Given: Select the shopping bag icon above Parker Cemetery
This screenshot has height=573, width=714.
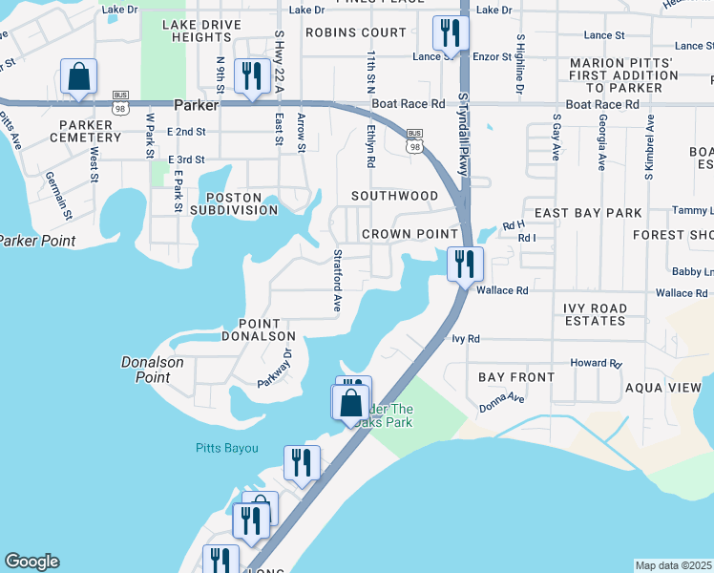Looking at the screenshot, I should coord(78,76).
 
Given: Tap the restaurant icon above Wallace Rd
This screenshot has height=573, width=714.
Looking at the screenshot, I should coord(465,264).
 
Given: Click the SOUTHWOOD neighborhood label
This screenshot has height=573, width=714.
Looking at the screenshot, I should coord(394,196).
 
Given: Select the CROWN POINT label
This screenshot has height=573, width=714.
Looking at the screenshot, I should coord(409,234).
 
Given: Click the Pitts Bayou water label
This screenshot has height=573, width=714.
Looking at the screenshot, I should coord(226,447).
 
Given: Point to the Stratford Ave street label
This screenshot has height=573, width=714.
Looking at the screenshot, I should coord(337,281).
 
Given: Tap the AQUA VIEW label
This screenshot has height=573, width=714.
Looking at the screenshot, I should coord(662,388).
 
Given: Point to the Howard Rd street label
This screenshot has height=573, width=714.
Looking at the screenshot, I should coord(596,364).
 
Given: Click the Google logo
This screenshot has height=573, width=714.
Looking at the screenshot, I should coord(31,562).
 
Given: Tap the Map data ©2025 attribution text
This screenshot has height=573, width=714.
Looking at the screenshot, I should coord(673,565).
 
